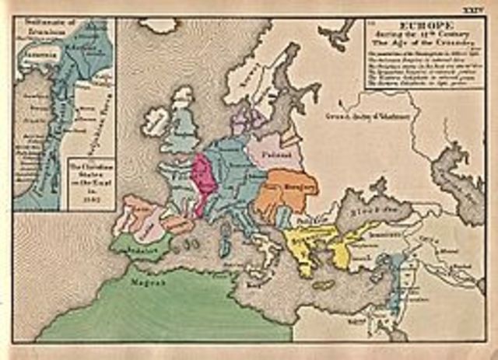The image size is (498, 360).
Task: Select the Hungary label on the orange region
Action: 286,191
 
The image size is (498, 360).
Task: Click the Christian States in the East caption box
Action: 87,180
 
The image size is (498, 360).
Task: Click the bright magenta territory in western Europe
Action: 203,183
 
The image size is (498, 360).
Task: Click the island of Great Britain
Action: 184,128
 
